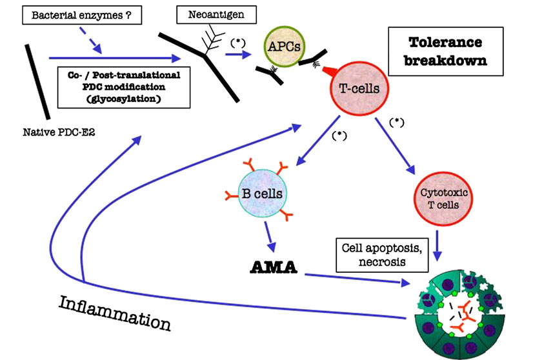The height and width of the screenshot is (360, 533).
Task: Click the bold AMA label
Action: click(272, 266)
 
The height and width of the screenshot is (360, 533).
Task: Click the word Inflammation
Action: click(115, 312)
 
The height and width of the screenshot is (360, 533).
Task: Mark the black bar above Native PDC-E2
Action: click(38, 81)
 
